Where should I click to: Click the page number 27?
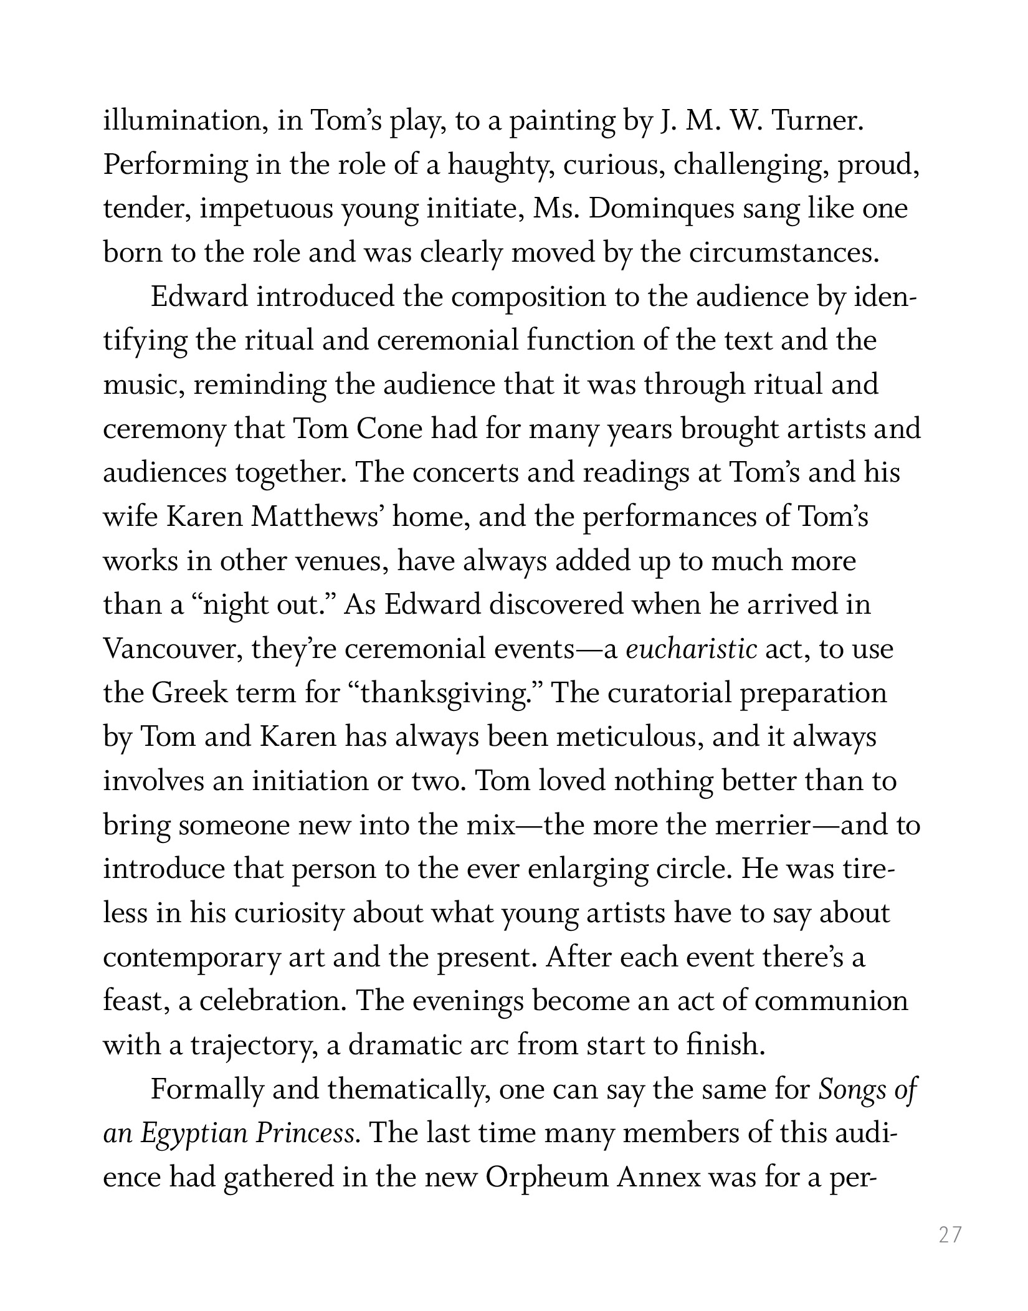[x=950, y=1234]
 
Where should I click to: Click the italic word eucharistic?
[x=691, y=650]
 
